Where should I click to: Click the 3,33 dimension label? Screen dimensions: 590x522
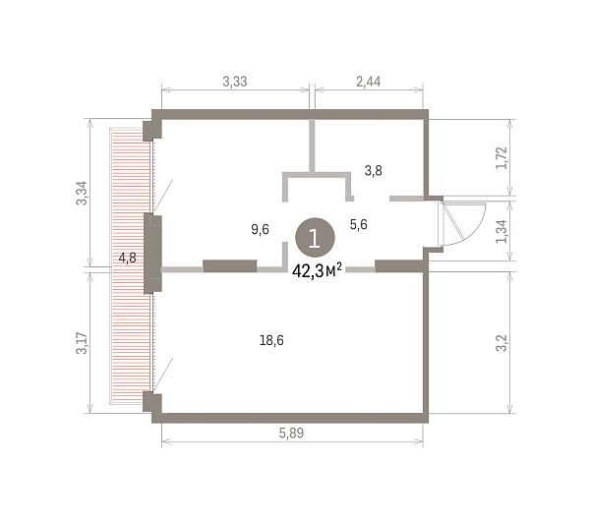pyautogui.click(x=235, y=82)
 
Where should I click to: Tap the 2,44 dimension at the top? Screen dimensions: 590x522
pyautogui.click(x=369, y=82)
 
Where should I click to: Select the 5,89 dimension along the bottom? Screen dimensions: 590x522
pyautogui.click(x=291, y=433)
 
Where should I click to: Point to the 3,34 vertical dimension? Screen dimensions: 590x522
pyautogui.click(x=82, y=193)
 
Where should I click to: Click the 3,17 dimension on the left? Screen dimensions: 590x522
pyautogui.click(x=82, y=343)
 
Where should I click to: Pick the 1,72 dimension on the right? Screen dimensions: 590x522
pyautogui.click(x=501, y=158)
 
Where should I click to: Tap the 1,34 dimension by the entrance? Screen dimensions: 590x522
pyautogui.click(x=501, y=231)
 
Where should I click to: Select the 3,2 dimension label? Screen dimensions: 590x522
pyautogui.click(x=501, y=343)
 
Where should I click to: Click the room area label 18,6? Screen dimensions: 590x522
pyautogui.click(x=271, y=340)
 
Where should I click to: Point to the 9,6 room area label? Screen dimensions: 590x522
pyautogui.click(x=260, y=229)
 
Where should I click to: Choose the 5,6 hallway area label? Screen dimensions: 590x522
pyautogui.click(x=359, y=224)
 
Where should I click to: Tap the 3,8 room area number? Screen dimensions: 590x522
pyautogui.click(x=374, y=171)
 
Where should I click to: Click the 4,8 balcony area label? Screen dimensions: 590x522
pyautogui.click(x=127, y=258)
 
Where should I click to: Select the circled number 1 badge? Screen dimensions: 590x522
pyautogui.click(x=315, y=238)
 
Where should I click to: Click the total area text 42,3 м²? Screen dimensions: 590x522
pyautogui.click(x=317, y=270)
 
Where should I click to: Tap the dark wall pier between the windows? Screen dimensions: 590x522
pyautogui.click(x=152, y=253)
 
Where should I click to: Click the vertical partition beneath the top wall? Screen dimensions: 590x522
pyautogui.click(x=312, y=145)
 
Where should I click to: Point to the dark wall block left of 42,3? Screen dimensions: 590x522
pyautogui.click(x=230, y=265)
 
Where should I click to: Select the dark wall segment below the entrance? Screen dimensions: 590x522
pyautogui.click(x=399, y=265)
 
